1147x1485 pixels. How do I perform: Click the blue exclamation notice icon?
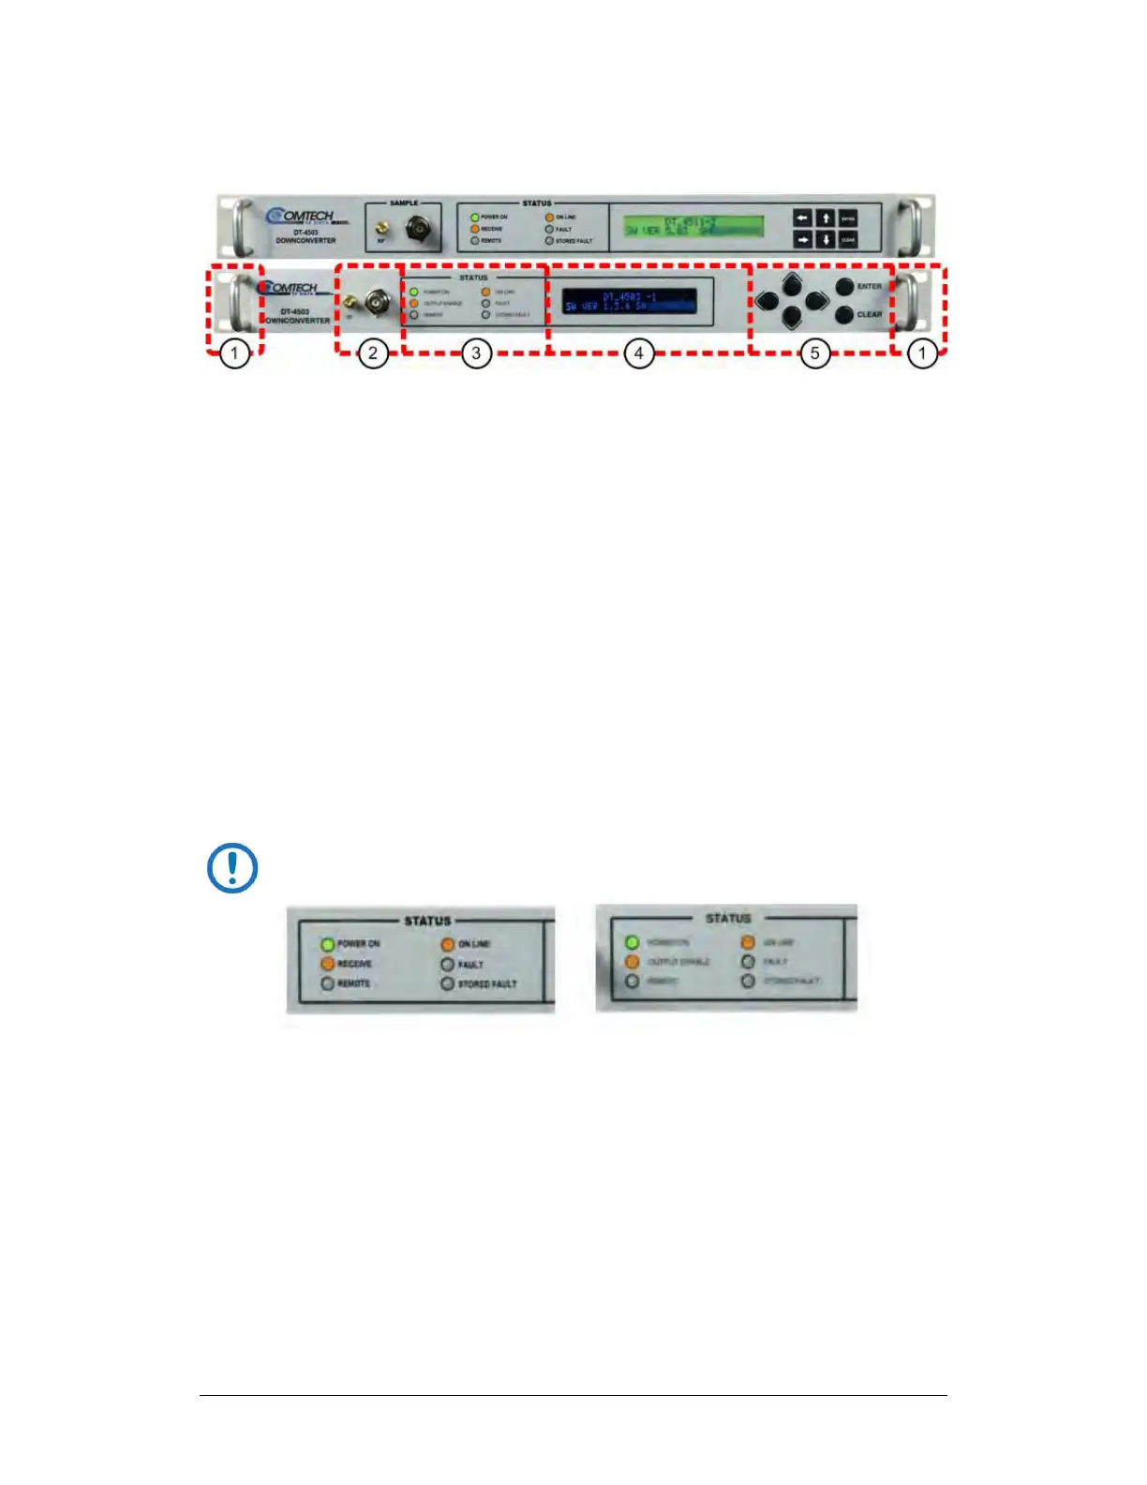pos(231,868)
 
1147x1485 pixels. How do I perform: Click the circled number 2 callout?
pos(373,353)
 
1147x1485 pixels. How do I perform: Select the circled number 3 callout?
pos(476,353)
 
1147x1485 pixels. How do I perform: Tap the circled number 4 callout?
pos(639,353)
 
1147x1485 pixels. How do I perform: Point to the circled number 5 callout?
pos(814,353)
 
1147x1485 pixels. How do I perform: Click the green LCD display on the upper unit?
pos(693,226)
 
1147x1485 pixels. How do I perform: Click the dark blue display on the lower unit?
pos(629,301)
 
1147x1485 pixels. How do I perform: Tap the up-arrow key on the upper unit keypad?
pos(826,217)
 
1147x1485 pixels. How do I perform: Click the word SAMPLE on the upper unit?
pos(404,202)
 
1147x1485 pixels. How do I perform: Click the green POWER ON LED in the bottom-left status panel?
pos(327,944)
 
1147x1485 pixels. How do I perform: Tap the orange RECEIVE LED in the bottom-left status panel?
pos(327,964)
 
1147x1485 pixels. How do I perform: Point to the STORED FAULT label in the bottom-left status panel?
pos(486,984)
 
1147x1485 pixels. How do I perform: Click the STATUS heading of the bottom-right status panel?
pos(728,918)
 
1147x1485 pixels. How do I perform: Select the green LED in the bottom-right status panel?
pos(632,942)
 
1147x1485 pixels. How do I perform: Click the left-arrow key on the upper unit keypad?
pos(803,217)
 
